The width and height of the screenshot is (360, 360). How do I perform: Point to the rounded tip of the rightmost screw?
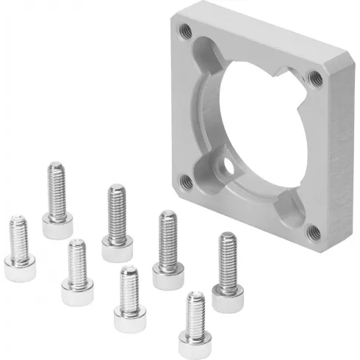click(x=228, y=237)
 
